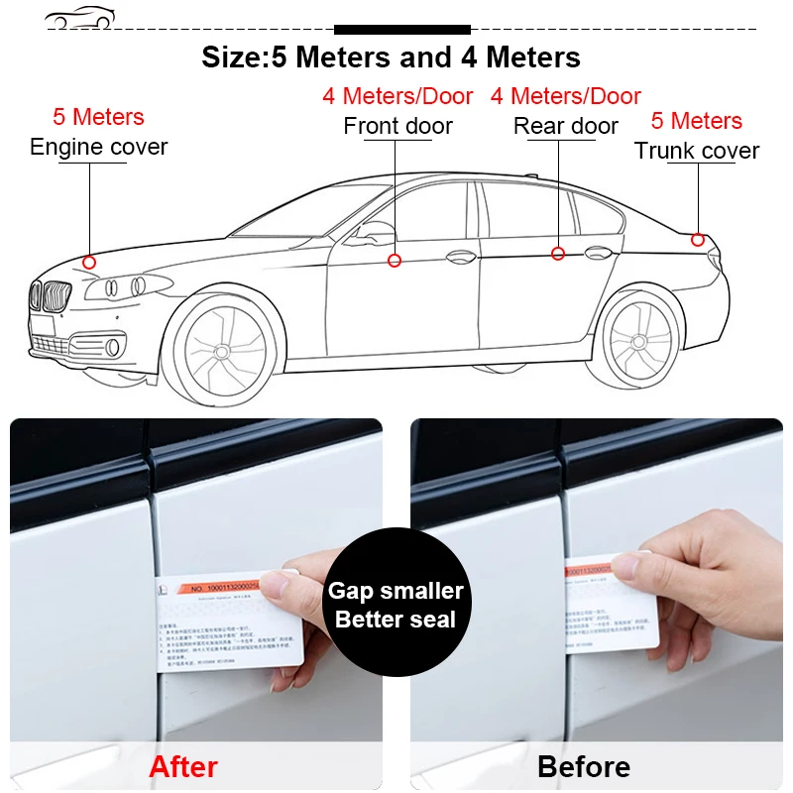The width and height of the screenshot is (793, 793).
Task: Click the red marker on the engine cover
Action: [89, 263]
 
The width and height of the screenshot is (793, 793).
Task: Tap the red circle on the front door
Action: [395, 261]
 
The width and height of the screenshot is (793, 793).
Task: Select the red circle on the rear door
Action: [558, 254]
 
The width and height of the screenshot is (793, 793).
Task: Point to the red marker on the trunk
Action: [698, 240]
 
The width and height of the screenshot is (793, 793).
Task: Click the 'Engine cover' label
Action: [99, 147]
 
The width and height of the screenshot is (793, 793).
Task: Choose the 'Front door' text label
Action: [397, 126]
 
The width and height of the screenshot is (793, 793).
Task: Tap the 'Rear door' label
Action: [566, 126]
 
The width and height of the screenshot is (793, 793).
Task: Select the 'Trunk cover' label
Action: [697, 151]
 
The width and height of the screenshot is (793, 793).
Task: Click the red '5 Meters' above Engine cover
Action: [98, 117]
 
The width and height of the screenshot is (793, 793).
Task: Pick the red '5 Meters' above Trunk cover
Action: [697, 121]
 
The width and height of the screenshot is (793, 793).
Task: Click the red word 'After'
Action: [183, 765]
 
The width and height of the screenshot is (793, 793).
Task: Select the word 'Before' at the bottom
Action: [584, 766]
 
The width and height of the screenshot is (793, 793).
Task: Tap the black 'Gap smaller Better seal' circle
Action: [396, 605]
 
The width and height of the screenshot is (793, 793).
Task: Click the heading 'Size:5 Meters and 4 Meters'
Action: [392, 57]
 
